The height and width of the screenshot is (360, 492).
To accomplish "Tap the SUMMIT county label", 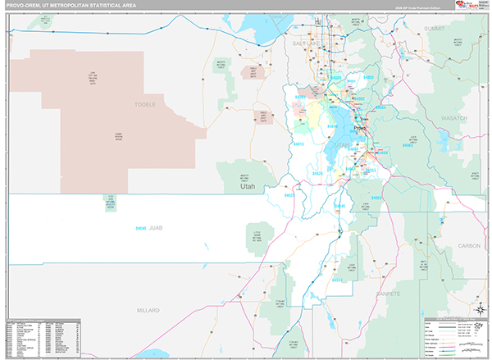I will click(x=435, y=28).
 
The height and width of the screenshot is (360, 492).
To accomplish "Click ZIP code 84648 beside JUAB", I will click(x=140, y=227).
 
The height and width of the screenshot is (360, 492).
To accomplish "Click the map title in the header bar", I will click(x=70, y=5).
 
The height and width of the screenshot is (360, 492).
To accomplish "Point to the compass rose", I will click(x=481, y=310).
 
